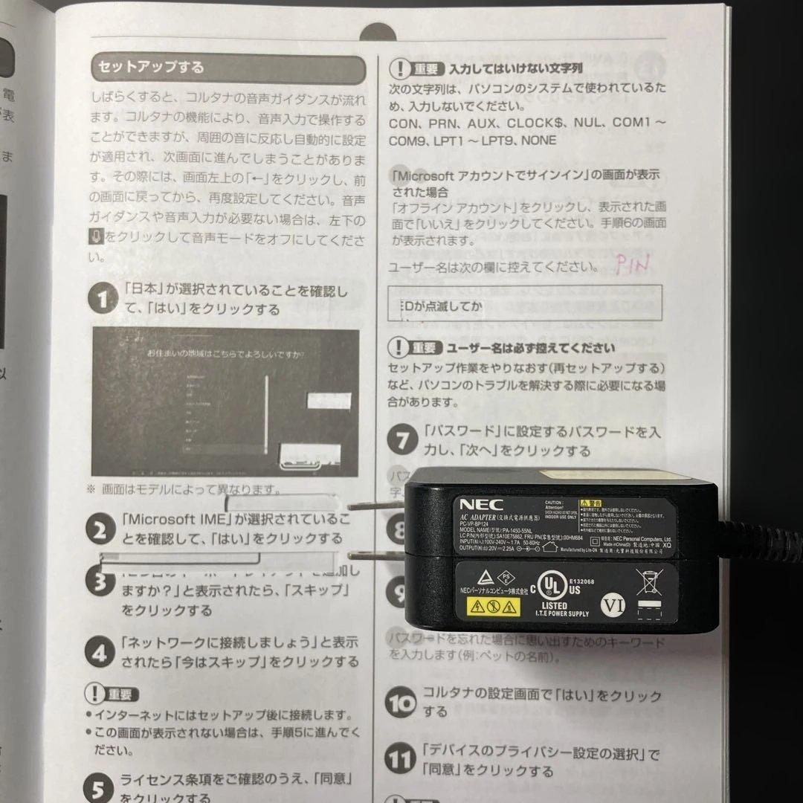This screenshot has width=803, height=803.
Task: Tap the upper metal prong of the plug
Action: (x=378, y=507)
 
